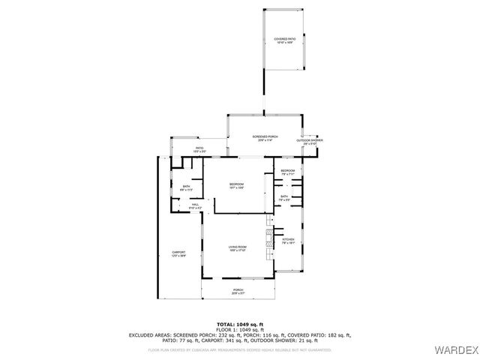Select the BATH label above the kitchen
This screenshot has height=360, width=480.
(285, 197)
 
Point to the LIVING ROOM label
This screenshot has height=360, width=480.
(238, 248)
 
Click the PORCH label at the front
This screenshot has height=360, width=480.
(238, 291)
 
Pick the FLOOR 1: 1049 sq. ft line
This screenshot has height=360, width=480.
(239, 330)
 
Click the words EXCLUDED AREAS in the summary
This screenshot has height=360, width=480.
(150, 335)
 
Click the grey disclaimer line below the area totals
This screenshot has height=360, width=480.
(239, 349)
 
